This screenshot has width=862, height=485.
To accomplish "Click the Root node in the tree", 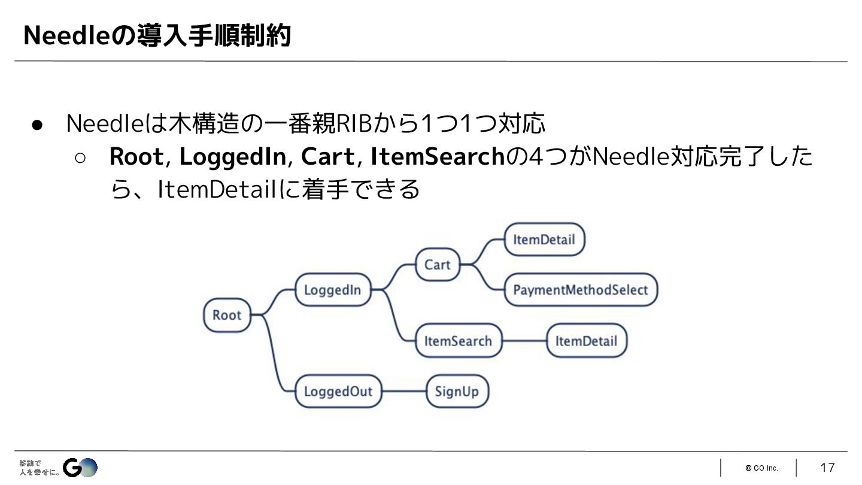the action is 226,315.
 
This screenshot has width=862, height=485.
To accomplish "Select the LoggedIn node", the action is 333,290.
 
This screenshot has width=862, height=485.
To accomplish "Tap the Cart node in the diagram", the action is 437,265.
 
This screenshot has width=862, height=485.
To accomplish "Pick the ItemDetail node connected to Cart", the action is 544,240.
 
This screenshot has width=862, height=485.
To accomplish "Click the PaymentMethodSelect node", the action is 580,290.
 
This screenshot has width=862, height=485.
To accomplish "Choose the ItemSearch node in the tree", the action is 458,341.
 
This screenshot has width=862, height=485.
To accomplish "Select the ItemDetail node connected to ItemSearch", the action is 585,341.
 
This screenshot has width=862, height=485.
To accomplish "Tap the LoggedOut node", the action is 338,392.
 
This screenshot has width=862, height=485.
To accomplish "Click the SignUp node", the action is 457,392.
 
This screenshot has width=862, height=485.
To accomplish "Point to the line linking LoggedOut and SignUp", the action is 403,392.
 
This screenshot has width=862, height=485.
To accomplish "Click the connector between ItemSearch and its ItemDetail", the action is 524,341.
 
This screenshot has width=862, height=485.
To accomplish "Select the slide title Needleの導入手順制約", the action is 157,36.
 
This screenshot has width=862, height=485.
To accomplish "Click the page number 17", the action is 827,468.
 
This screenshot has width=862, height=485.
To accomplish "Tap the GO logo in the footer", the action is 80,467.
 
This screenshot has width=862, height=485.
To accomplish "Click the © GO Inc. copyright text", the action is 761,468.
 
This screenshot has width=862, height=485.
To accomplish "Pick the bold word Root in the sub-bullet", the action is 136,157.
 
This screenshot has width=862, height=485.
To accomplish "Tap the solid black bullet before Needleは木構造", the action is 37,125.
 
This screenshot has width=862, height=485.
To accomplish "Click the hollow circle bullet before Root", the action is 81,157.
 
